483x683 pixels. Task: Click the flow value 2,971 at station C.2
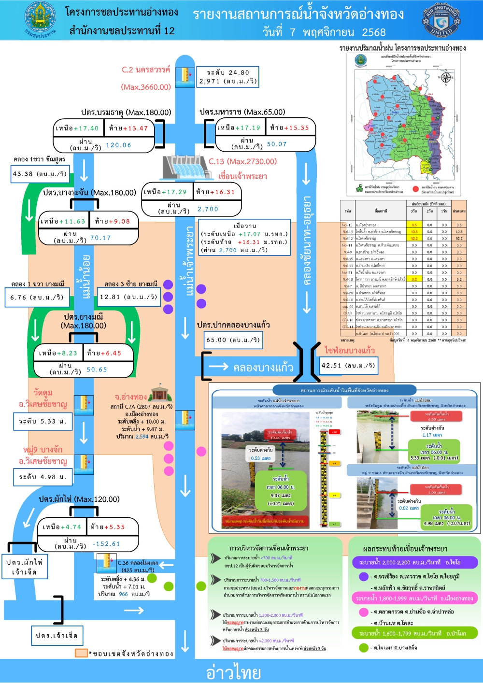click(210, 81)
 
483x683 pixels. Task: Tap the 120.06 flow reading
click(118, 145)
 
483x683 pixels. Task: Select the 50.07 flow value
click(277, 144)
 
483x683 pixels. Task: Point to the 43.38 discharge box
click(40, 174)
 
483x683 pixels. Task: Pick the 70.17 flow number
click(100, 238)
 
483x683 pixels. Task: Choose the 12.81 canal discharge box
click(128, 297)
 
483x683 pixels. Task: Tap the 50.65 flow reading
click(97, 370)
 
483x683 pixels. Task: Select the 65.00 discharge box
click(233, 340)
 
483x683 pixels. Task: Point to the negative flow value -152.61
click(106, 544)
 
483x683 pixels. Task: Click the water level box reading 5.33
click(43, 422)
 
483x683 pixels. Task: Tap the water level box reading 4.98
click(43, 477)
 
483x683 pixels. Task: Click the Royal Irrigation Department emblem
click(40, 20)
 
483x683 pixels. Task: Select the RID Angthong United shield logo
click(441, 20)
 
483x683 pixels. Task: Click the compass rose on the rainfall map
click(446, 77)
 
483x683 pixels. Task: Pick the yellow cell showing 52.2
click(414, 238)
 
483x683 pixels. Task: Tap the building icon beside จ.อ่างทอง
click(161, 393)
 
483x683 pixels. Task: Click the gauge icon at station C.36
click(106, 563)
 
